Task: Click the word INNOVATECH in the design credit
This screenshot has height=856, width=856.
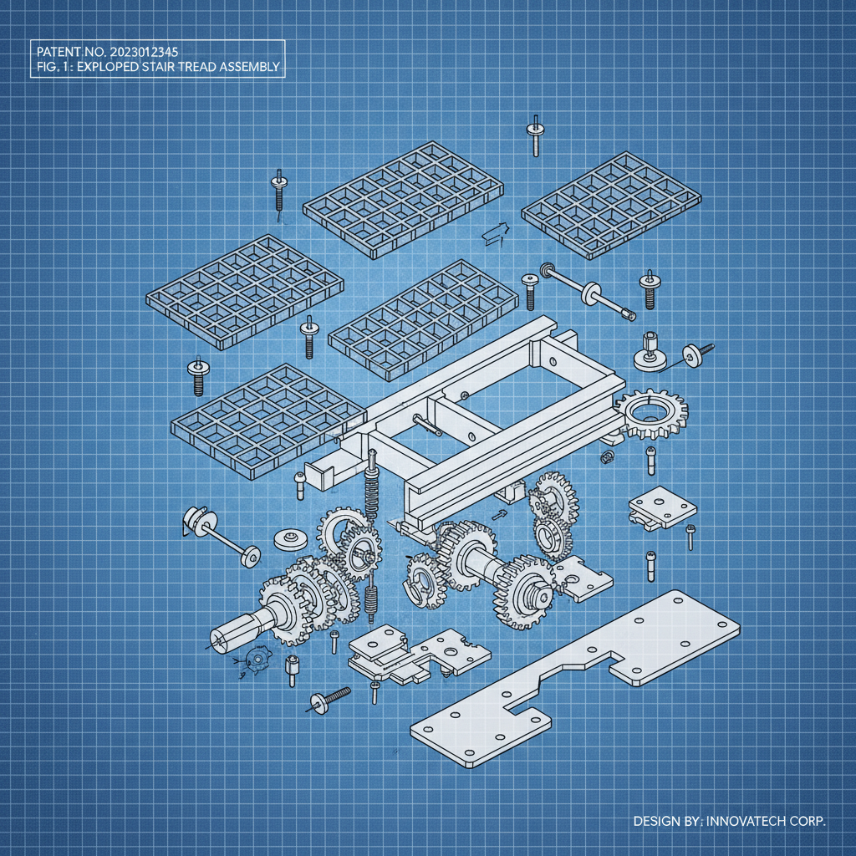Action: click(x=747, y=821)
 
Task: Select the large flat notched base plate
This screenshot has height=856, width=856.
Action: click(x=577, y=677)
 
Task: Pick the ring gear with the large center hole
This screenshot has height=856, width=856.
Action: click(x=651, y=413)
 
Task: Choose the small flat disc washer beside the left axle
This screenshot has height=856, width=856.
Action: click(x=288, y=539)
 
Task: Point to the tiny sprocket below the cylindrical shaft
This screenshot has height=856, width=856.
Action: click(x=257, y=660)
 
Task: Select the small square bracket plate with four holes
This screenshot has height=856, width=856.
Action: click(x=662, y=507)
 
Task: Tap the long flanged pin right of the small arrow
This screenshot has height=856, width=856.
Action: click(x=588, y=292)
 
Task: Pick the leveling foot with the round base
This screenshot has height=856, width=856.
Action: click(x=650, y=354)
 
